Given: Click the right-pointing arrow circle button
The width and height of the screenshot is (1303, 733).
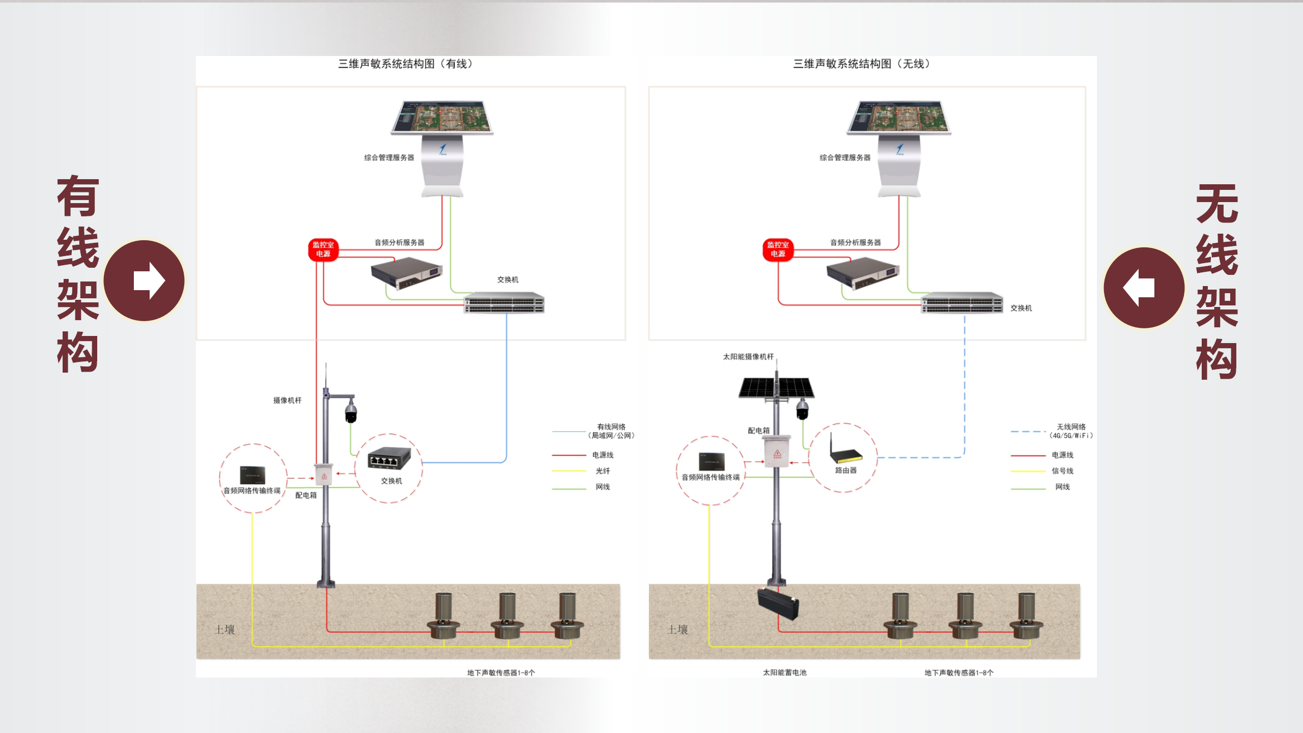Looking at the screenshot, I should (x=145, y=280).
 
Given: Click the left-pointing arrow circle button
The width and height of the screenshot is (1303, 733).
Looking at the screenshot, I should (x=1144, y=288).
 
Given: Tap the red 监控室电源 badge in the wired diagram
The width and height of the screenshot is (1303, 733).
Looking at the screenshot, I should (x=323, y=249).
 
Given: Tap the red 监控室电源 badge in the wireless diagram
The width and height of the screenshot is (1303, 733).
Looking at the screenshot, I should (x=778, y=249).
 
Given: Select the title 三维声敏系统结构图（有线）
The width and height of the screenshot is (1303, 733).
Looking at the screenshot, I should (x=406, y=64).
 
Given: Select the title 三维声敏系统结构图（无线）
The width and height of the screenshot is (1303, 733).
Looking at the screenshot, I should (x=861, y=64).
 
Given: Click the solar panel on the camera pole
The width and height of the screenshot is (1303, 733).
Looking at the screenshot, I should (x=776, y=388).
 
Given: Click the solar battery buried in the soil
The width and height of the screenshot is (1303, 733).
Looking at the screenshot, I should (x=778, y=604).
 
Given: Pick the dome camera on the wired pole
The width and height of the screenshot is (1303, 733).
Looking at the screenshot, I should (x=351, y=411).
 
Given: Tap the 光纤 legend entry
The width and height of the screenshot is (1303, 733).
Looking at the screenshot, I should (x=603, y=471).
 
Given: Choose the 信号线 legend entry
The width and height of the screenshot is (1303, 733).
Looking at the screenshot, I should (x=1062, y=471).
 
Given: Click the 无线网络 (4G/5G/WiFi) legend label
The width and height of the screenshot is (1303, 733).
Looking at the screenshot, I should (x=1071, y=431).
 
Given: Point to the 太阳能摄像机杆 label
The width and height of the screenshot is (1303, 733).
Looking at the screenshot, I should (x=748, y=357).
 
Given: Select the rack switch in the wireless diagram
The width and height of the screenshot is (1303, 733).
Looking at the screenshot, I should (x=962, y=303).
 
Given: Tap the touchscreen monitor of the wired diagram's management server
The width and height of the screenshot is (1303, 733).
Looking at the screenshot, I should (x=441, y=117).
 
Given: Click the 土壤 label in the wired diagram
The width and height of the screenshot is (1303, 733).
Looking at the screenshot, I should (x=224, y=630).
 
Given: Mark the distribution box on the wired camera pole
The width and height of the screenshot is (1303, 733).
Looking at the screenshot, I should (x=324, y=474).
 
